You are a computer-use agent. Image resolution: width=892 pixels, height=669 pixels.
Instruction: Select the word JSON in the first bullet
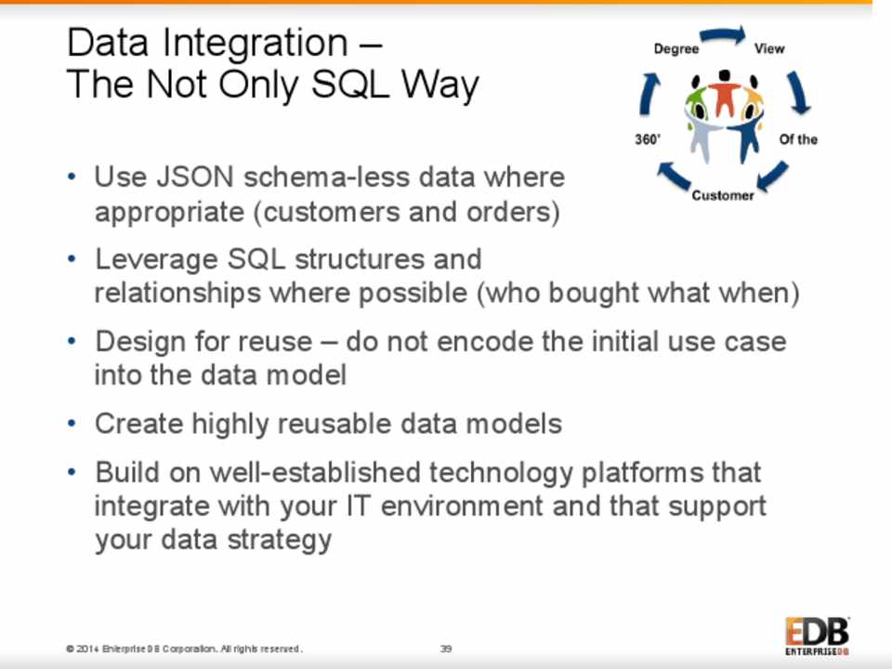[x=194, y=177]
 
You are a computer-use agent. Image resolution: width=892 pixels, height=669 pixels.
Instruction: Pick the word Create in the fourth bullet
[x=138, y=424]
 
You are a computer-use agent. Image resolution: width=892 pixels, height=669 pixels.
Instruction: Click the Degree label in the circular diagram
[x=676, y=49]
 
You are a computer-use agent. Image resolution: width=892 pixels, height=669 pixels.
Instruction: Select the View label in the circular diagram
[x=769, y=48]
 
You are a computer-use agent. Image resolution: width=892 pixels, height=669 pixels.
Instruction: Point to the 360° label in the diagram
[x=648, y=139]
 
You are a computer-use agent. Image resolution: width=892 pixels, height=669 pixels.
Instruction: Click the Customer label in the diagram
[x=723, y=195]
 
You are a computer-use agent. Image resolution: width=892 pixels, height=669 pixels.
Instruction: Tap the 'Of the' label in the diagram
[x=798, y=139]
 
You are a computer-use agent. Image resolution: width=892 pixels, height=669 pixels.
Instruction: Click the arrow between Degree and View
[x=723, y=35]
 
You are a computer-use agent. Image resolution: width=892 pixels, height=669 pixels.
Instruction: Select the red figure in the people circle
[x=724, y=93]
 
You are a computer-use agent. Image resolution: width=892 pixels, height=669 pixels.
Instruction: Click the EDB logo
[x=817, y=636]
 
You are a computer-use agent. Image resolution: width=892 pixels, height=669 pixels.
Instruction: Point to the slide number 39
[x=446, y=649]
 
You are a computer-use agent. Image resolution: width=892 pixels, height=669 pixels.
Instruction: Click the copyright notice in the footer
[x=184, y=649]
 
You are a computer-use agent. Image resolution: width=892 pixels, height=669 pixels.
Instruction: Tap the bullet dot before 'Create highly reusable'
[x=72, y=424]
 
